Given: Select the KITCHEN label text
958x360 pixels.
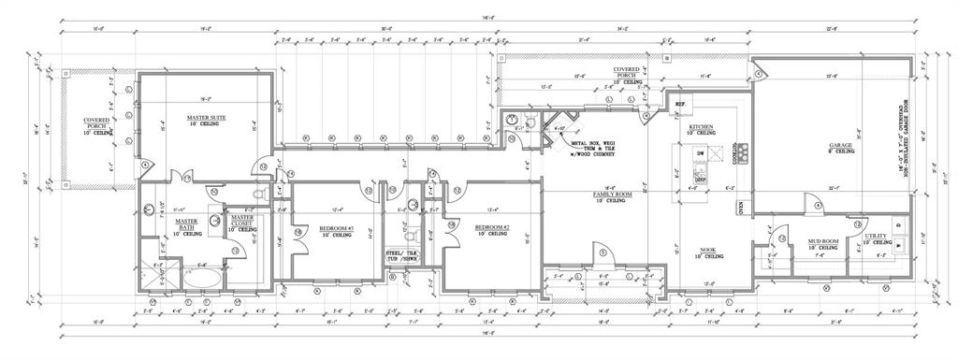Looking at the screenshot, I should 702,127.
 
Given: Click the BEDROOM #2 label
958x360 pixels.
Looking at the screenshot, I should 491,228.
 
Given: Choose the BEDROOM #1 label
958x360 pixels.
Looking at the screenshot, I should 335,228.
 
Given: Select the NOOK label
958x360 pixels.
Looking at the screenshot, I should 709,251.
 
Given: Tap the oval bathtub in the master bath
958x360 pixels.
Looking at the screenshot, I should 200,278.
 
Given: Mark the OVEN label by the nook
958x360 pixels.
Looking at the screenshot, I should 740,207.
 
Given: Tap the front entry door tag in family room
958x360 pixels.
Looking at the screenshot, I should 602,251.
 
